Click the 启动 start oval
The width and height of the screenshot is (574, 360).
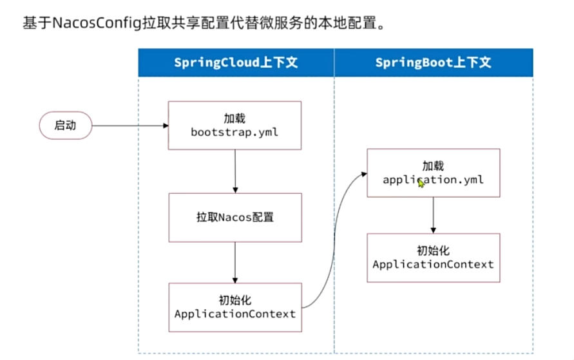point(66,126)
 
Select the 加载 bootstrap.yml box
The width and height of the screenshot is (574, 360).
point(234,126)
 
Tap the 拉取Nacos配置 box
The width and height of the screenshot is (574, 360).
point(235,218)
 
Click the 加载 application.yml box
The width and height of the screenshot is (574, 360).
point(434,173)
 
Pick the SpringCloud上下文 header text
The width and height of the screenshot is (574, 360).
point(236,62)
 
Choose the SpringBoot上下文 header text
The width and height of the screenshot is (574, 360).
point(434,62)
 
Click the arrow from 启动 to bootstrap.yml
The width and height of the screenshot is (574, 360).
point(130,126)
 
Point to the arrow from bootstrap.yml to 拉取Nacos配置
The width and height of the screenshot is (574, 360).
point(235,171)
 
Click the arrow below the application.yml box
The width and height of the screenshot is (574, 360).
point(434,215)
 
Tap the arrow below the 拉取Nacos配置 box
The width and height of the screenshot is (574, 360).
point(235,262)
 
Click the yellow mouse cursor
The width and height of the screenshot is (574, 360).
point(421,183)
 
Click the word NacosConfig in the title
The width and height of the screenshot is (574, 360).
point(97,23)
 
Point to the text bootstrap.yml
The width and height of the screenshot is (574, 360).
point(234,132)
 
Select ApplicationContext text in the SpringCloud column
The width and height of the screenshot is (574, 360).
point(235,314)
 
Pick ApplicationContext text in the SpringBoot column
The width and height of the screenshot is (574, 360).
point(434,264)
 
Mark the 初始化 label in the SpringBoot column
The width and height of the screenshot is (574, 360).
point(434,251)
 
